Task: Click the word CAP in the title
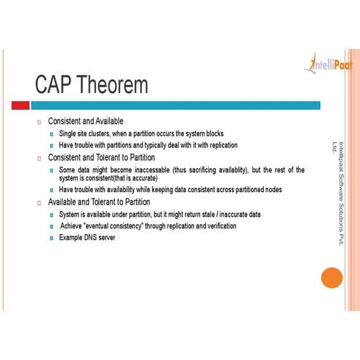pyautogui.click(x=55, y=86)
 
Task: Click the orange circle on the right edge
pyautogui.click(x=331, y=277)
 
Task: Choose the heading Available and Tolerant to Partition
pyautogui.click(x=99, y=202)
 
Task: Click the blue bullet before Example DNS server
pyautogui.click(x=52, y=238)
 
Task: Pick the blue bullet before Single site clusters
pyautogui.click(x=52, y=134)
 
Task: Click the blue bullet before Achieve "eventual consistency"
pyautogui.click(x=52, y=226)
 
